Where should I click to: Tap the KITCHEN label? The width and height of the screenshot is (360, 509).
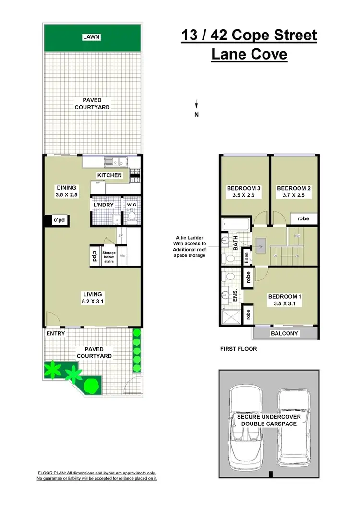[109, 175]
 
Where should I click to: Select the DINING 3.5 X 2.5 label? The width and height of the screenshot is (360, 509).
[67, 191]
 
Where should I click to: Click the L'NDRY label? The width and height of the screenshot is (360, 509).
[103, 205]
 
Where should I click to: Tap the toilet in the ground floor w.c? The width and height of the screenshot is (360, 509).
[132, 218]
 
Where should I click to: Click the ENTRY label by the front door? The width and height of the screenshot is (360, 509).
[56, 333]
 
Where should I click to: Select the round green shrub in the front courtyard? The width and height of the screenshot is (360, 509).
[91, 386]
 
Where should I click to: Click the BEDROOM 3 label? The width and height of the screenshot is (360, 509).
[244, 192]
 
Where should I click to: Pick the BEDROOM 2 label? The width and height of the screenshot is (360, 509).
[294, 192]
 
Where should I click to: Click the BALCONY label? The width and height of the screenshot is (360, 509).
[285, 333]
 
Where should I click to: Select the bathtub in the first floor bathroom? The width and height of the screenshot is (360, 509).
[236, 224]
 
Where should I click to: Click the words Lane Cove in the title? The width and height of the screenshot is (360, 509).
[249, 54]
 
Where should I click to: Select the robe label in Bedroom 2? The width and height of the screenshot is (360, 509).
[303, 218]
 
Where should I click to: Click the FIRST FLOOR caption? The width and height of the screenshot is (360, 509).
[238, 349]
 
